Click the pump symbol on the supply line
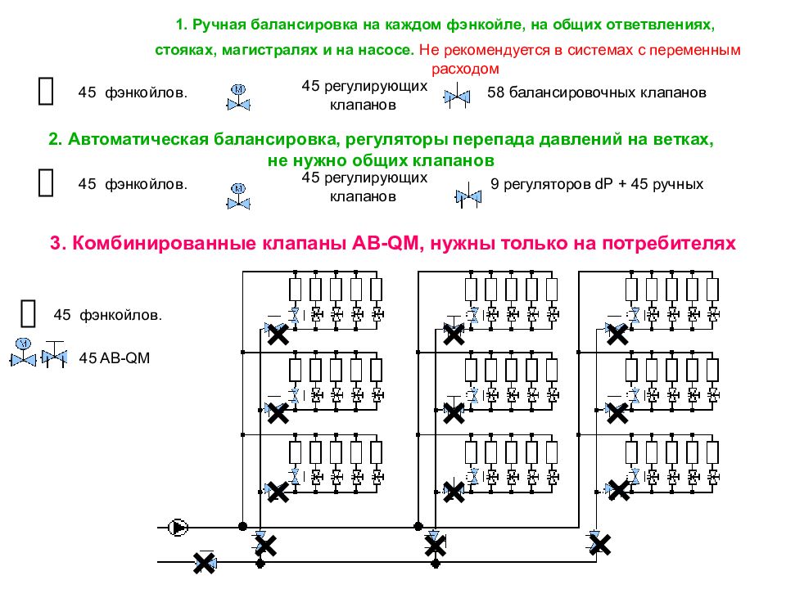click(x=178, y=528)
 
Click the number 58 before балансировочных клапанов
click(x=496, y=92)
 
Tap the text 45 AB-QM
click(x=115, y=358)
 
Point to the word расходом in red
click(x=465, y=69)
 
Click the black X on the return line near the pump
click(x=204, y=563)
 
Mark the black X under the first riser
click(x=265, y=546)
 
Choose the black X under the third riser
click(x=599, y=545)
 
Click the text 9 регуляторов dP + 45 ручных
click(x=597, y=184)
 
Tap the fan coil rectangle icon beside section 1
click(x=46, y=91)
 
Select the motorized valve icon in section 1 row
click(x=238, y=97)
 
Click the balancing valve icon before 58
click(x=457, y=97)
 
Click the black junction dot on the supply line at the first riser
click(x=242, y=526)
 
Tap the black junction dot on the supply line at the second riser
click(x=418, y=526)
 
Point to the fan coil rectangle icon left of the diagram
click(x=28, y=313)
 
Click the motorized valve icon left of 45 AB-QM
click(x=23, y=353)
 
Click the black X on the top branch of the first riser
click(x=278, y=334)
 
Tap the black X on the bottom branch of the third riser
click(x=619, y=490)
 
